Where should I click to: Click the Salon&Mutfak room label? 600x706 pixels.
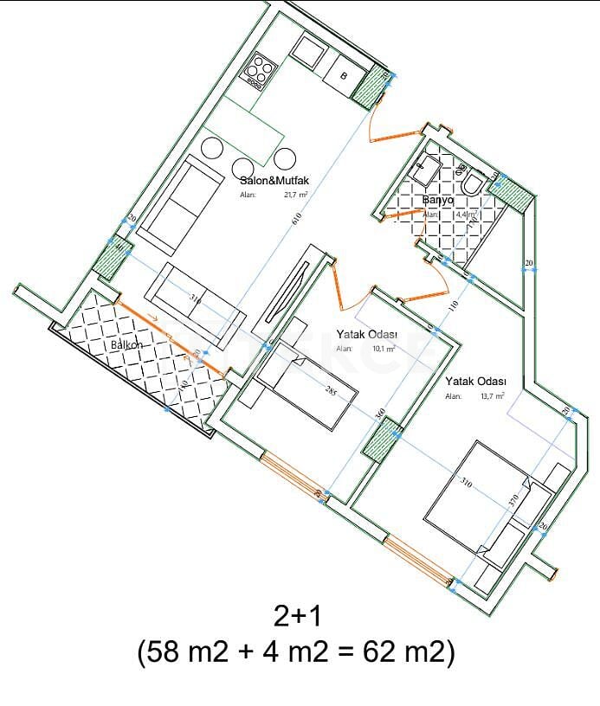274,181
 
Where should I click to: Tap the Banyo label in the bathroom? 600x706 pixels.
437,200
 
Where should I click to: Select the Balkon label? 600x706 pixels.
126,345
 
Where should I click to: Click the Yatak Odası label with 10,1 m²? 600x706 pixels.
366,334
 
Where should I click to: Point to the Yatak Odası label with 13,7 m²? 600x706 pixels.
475,381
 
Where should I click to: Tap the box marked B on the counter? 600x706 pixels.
343,76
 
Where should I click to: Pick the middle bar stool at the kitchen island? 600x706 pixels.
244,167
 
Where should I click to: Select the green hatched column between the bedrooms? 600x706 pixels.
381,441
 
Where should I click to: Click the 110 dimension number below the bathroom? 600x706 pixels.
451,305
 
